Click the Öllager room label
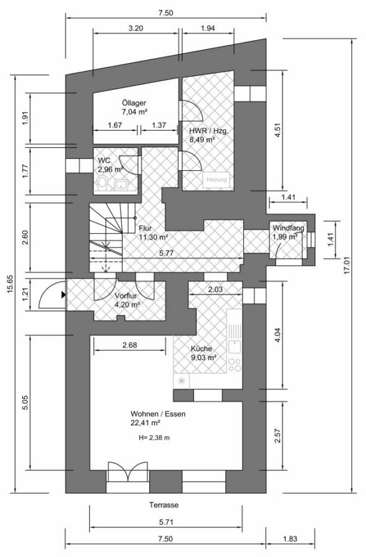tap(134, 103)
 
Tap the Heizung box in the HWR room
tap(217, 179)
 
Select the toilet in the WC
tap(103, 184)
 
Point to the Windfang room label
tap(288, 228)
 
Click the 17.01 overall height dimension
tap(347, 265)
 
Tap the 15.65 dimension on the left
tap(9, 284)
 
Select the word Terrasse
tap(164, 505)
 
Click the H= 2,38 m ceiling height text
tap(154, 438)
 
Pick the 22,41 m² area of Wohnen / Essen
tap(146, 423)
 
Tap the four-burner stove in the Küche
tap(234, 365)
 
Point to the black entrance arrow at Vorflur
tap(63, 295)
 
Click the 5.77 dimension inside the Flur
tap(167, 253)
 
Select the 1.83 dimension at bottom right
tap(290, 539)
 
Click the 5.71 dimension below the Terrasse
tap(166, 522)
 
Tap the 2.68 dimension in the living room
tap(129, 345)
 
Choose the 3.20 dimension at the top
tap(136, 28)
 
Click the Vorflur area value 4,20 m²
tap(127, 304)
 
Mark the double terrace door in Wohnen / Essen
tap(128, 472)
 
